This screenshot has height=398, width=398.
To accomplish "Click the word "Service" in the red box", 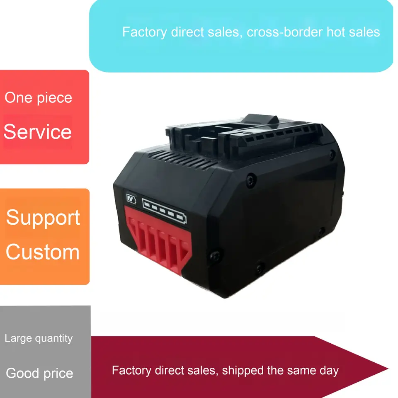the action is coord(38,132).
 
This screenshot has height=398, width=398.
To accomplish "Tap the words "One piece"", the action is coord(38,98).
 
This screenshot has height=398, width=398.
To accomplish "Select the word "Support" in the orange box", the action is coord(43,218).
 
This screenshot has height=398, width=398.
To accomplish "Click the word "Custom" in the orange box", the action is coord(43,252).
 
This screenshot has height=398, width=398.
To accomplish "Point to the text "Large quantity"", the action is coord(39,339).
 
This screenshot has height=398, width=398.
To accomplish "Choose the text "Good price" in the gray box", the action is coord(40,373).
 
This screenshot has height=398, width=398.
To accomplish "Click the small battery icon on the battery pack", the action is coord(131,199).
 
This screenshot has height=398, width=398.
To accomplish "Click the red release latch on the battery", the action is coord(160,245).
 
